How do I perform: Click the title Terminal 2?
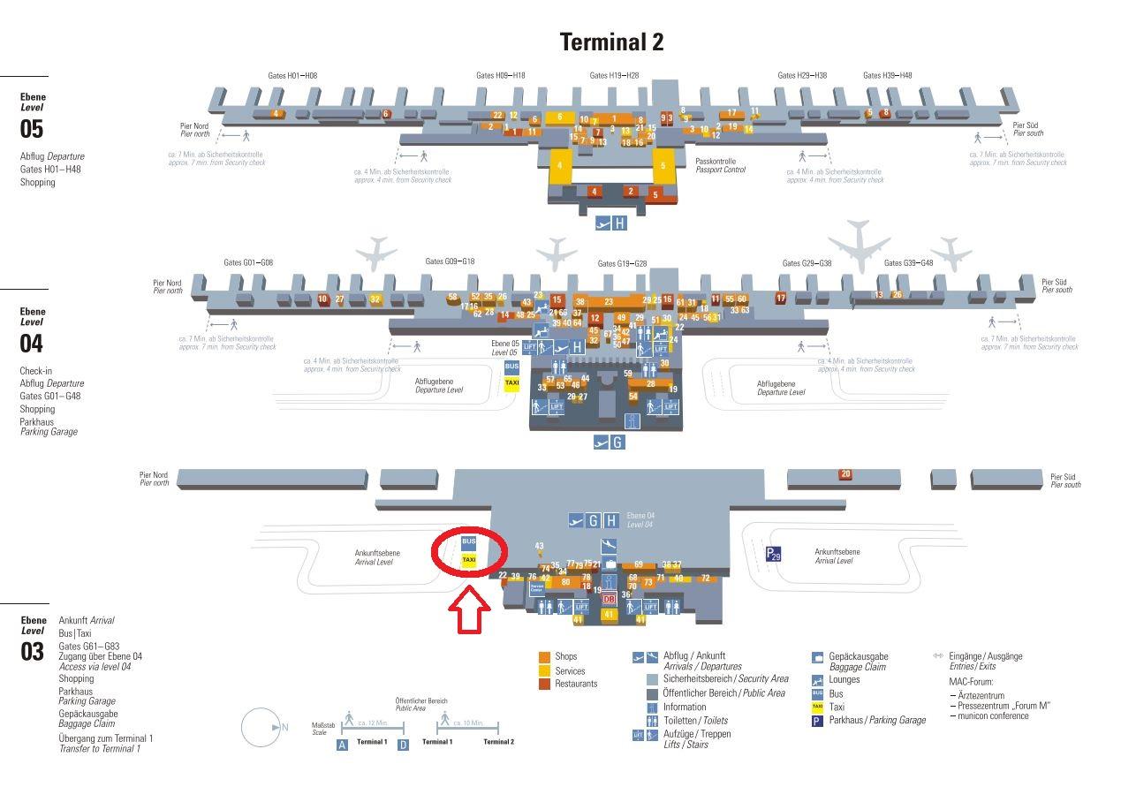point(611,42)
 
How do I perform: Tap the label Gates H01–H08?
point(292,76)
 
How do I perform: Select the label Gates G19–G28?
point(622,264)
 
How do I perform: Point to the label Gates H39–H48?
point(888,76)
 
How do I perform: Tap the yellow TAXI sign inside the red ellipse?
point(469,559)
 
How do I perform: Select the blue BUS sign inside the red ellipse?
point(469,541)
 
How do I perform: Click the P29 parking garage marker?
point(773,554)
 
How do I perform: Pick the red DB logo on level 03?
point(608,599)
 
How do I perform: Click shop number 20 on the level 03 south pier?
point(845,474)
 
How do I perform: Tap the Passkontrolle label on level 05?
point(716,161)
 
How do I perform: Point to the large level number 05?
point(32,129)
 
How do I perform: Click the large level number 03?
point(32,653)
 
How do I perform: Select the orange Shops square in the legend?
point(545,657)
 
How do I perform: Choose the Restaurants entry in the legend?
point(576,684)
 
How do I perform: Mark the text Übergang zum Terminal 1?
point(105,738)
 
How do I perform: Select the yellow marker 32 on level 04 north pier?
point(375,299)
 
